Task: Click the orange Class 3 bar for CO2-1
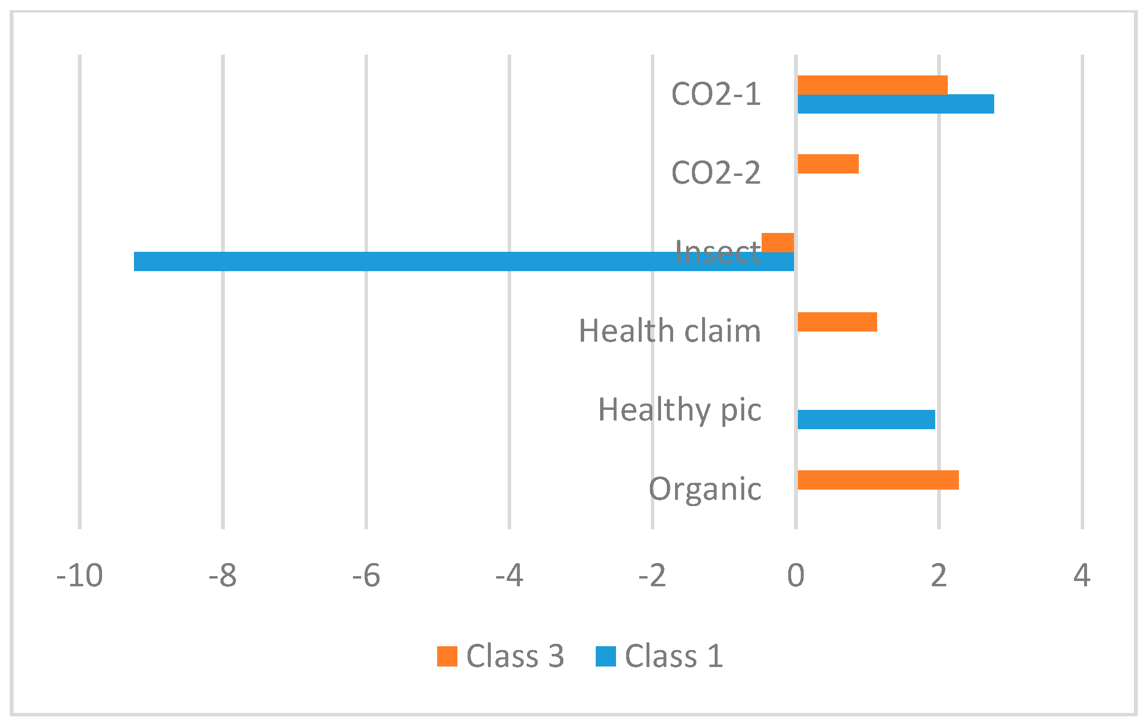(872, 85)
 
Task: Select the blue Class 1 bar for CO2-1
(895, 104)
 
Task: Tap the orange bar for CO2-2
(827, 164)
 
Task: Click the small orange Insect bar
(778, 242)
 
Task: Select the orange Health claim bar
(837, 322)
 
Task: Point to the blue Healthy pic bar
(866, 420)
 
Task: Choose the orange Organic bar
(878, 480)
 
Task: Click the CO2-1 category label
(716, 94)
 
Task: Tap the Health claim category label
(670, 332)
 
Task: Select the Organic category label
(705, 489)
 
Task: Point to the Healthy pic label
(679, 410)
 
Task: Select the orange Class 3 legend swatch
(447, 656)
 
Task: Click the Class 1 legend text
(674, 656)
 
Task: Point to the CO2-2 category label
(716, 173)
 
